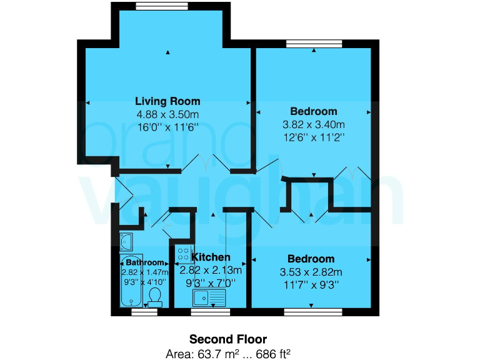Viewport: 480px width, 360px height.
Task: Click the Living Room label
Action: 167,101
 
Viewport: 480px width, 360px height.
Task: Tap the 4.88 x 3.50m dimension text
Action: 167,114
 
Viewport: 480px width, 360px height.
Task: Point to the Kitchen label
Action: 211,257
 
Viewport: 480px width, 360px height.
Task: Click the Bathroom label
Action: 144,262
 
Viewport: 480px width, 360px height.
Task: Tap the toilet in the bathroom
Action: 156,296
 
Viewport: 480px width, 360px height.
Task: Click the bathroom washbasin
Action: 126,240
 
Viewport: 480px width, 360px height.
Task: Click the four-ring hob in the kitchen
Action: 184,254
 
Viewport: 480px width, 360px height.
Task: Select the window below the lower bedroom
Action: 313,311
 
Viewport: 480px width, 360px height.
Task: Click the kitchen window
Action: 210,311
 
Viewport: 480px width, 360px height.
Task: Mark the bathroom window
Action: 144,311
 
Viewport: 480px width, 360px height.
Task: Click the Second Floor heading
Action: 228,339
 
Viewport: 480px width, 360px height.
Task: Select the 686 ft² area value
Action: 274,353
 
